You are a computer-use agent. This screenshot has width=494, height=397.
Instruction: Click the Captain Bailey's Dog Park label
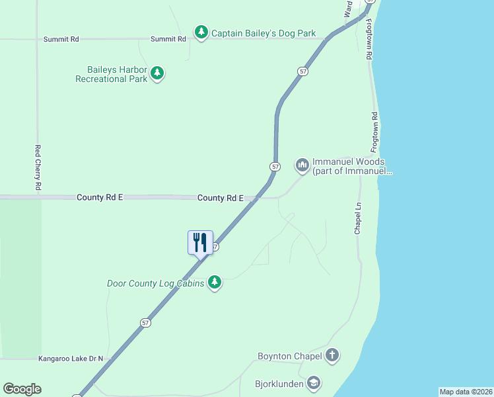pyautogui.click(x=264, y=33)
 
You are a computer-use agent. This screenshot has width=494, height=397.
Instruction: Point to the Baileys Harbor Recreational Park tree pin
pyautogui.click(x=157, y=73)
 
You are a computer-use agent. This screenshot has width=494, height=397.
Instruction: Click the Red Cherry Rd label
pyautogui.click(x=38, y=168)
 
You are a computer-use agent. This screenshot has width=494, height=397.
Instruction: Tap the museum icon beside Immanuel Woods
pyautogui.click(x=302, y=165)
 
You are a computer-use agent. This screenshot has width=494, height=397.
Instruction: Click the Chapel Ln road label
pyautogui.click(x=357, y=218)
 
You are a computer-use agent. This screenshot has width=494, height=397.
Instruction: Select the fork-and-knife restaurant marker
pyautogui.click(x=201, y=243)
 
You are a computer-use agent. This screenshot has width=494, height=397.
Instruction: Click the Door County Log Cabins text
pyautogui.click(x=155, y=284)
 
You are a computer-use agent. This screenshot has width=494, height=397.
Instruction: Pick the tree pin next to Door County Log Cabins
pyautogui.click(x=214, y=283)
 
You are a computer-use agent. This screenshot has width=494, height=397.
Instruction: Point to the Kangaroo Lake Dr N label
pyautogui.click(x=71, y=358)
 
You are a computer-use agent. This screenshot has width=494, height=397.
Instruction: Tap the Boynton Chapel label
pyautogui.click(x=289, y=357)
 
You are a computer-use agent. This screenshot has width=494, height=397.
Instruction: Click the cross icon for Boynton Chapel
pyautogui.click(x=332, y=355)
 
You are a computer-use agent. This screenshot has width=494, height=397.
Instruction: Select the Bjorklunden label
pyautogui.click(x=279, y=384)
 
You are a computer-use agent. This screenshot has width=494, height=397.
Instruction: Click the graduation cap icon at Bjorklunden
pyautogui.click(x=314, y=383)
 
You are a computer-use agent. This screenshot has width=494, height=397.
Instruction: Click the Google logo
pyautogui.click(x=22, y=389)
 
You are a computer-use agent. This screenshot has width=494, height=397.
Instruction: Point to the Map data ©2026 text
pyautogui.click(x=466, y=392)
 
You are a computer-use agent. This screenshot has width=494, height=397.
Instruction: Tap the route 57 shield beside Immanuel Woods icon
pyautogui.click(x=275, y=166)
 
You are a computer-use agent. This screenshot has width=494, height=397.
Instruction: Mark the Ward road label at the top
pyautogui.click(x=348, y=8)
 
